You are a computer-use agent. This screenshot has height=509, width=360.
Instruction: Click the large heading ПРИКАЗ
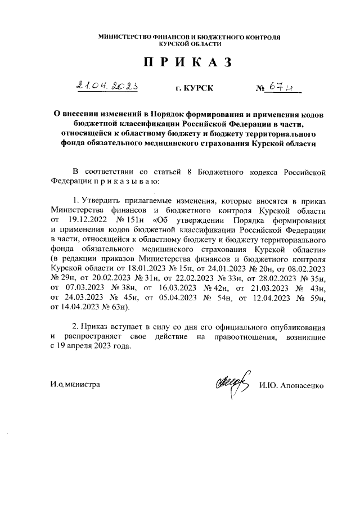coord(188,62)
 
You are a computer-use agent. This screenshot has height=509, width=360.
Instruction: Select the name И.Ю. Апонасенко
coord(292,385)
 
